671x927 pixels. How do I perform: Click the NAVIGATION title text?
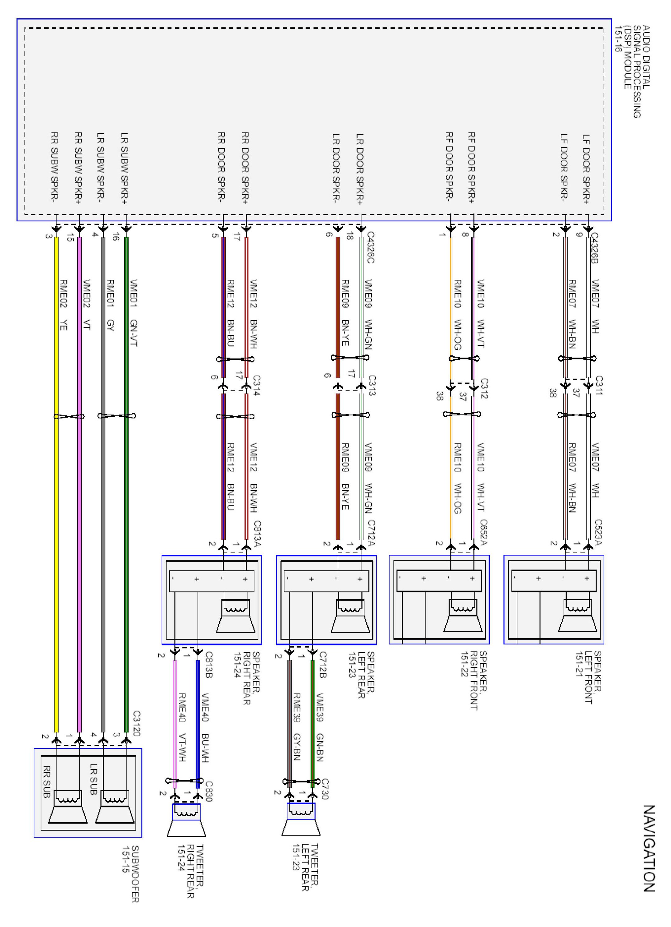(x=649, y=849)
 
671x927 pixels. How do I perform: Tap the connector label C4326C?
(x=370, y=248)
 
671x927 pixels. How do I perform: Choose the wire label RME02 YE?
(x=64, y=305)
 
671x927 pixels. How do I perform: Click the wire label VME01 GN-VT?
(x=133, y=313)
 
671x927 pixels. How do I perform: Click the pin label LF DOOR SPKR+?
(x=586, y=169)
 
